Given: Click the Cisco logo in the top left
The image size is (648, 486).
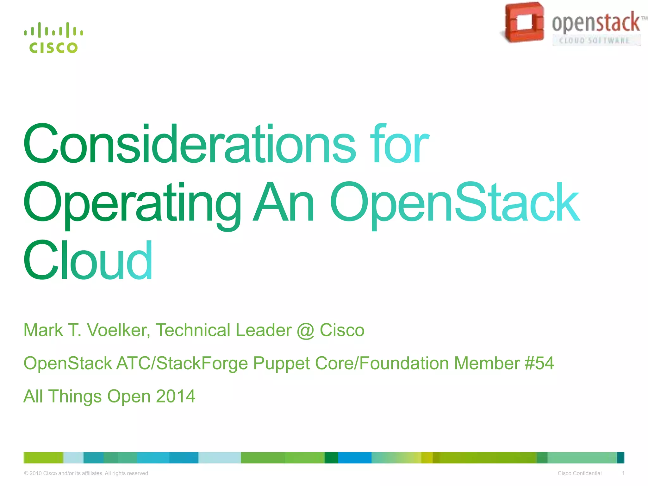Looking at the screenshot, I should coord(53,38).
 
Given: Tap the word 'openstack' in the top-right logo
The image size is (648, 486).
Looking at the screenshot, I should coord(596,22).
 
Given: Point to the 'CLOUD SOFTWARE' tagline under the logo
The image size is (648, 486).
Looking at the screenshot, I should coord(595,40).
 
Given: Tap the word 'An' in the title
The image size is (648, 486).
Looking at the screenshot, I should coord(283,202).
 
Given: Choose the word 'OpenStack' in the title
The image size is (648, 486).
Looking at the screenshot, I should coord(455,202).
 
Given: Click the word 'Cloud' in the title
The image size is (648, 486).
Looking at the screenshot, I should coord(88,260).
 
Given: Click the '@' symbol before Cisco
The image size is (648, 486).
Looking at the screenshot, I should coord(306,330).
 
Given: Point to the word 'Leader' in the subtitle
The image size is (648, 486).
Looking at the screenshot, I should coord(264,330).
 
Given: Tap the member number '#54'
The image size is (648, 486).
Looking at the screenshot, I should coord(539,363).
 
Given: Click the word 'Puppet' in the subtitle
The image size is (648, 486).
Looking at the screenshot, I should coord(281,364).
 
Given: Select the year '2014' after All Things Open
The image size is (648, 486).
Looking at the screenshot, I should coord(176,396).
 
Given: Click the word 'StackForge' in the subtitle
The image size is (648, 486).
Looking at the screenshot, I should coord(202,364).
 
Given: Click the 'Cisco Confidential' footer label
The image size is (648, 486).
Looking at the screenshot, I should coord(579,473).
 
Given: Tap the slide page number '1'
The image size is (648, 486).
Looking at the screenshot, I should coord(623,473).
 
